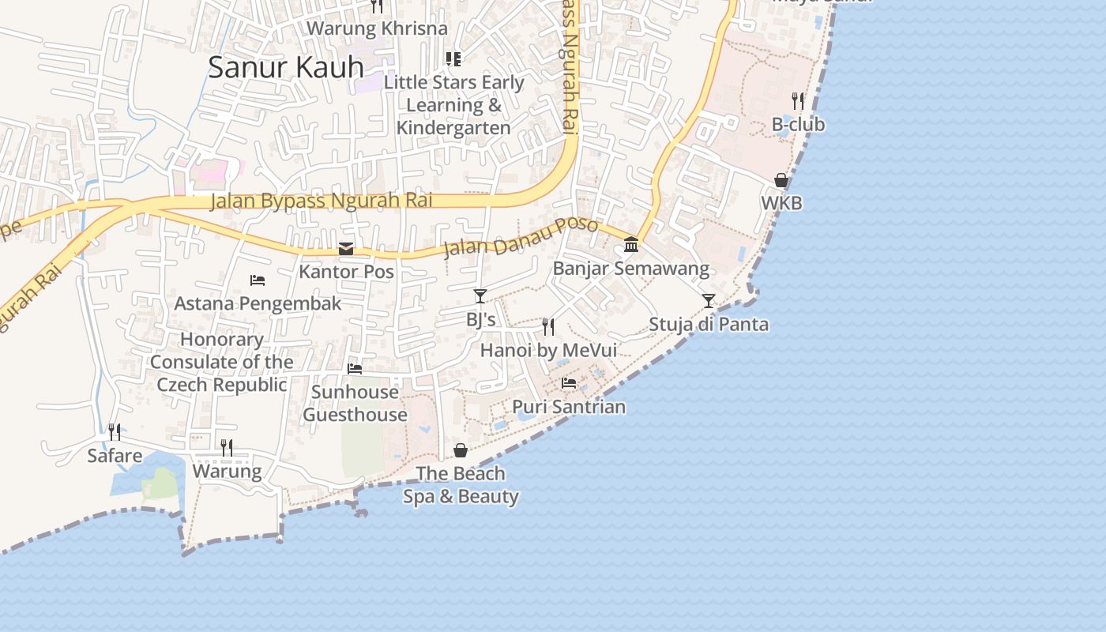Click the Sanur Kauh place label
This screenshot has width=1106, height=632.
pos(286,67)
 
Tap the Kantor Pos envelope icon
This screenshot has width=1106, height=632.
pos(346,249)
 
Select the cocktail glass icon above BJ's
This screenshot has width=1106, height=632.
pos(480,296)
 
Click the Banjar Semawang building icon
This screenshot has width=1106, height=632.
pos(630,244)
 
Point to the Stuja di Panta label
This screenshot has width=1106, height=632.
pos(709,324)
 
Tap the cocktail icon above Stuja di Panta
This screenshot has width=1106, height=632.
pos(709,301)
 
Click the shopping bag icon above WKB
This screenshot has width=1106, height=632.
pos(781,181)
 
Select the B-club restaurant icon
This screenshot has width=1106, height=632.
pos(798,101)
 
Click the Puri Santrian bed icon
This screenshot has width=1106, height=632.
pos(569,383)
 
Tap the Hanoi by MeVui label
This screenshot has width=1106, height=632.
pos(548,350)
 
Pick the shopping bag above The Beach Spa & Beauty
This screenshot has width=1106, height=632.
pos(461,450)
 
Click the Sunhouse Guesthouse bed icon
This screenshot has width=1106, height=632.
pos(355,368)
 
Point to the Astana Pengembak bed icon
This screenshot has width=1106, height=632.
pos(258,280)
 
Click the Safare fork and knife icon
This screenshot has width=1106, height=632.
pos(115,432)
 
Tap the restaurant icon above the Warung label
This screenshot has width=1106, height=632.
pos(227,448)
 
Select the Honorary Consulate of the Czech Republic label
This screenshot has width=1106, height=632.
pos(221,362)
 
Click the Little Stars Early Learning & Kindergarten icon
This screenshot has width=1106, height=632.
pos(453,58)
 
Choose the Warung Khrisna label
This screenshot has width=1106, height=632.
pos(377,28)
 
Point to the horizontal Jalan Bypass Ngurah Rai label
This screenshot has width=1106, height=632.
pos(322,201)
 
